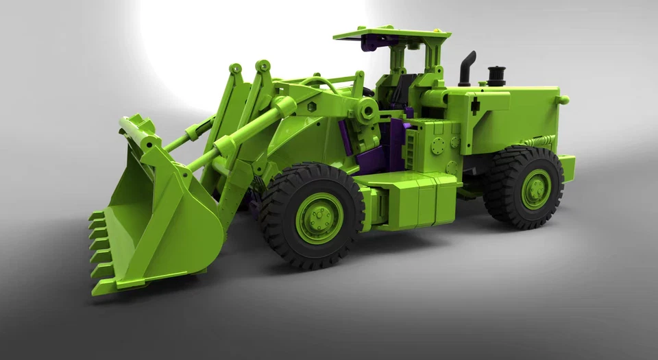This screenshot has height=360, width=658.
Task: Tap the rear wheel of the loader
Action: pyautogui.click(x=524, y=188)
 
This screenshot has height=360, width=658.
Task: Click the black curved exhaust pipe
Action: pyautogui.click(x=467, y=67)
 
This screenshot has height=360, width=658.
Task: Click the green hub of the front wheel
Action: pyautogui.click(x=319, y=218)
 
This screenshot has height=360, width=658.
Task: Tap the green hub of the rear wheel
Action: pyautogui.click(x=536, y=189)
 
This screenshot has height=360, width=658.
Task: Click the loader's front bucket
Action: pyautogui.click(x=164, y=219)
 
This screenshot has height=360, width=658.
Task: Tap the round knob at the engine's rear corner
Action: pyautogui.click(x=563, y=100)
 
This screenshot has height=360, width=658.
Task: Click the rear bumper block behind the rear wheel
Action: pyautogui.click(x=567, y=168)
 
